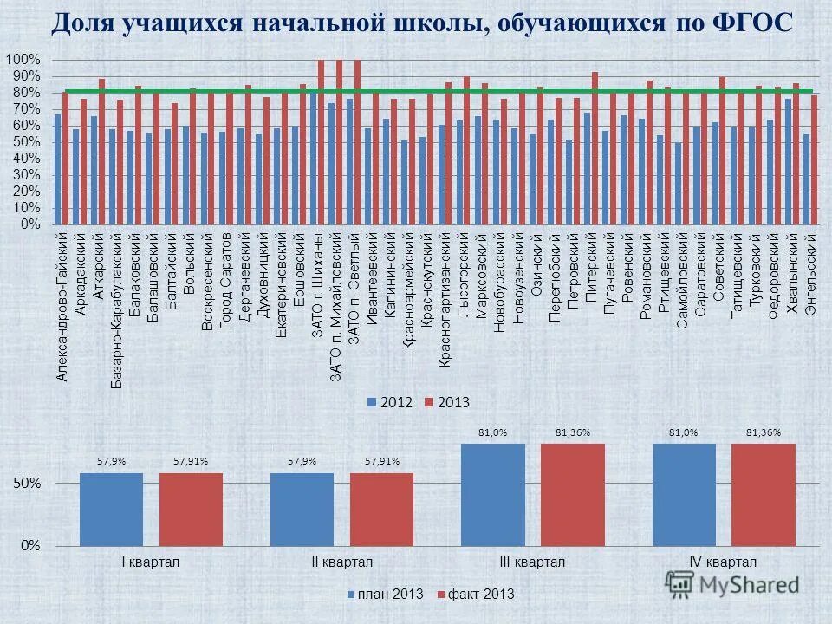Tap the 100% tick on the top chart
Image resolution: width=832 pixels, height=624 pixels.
click(x=23, y=59)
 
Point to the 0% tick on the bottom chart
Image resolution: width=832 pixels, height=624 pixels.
click(x=31, y=545)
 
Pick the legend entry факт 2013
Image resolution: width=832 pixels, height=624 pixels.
click(x=475, y=594)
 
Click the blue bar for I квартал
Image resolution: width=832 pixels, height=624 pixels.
click(x=111, y=509)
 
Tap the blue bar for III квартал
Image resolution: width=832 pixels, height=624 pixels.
click(x=493, y=494)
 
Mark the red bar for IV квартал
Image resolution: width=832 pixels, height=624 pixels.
click(x=763, y=494)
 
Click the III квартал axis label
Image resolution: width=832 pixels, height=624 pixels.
click(x=532, y=562)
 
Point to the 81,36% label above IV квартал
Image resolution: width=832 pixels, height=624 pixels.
click(x=763, y=432)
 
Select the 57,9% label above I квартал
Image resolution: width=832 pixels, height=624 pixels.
click(x=111, y=461)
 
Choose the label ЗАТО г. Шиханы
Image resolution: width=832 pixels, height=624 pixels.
click(x=317, y=285)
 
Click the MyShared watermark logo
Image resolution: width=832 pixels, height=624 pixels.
click(x=732, y=583)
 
